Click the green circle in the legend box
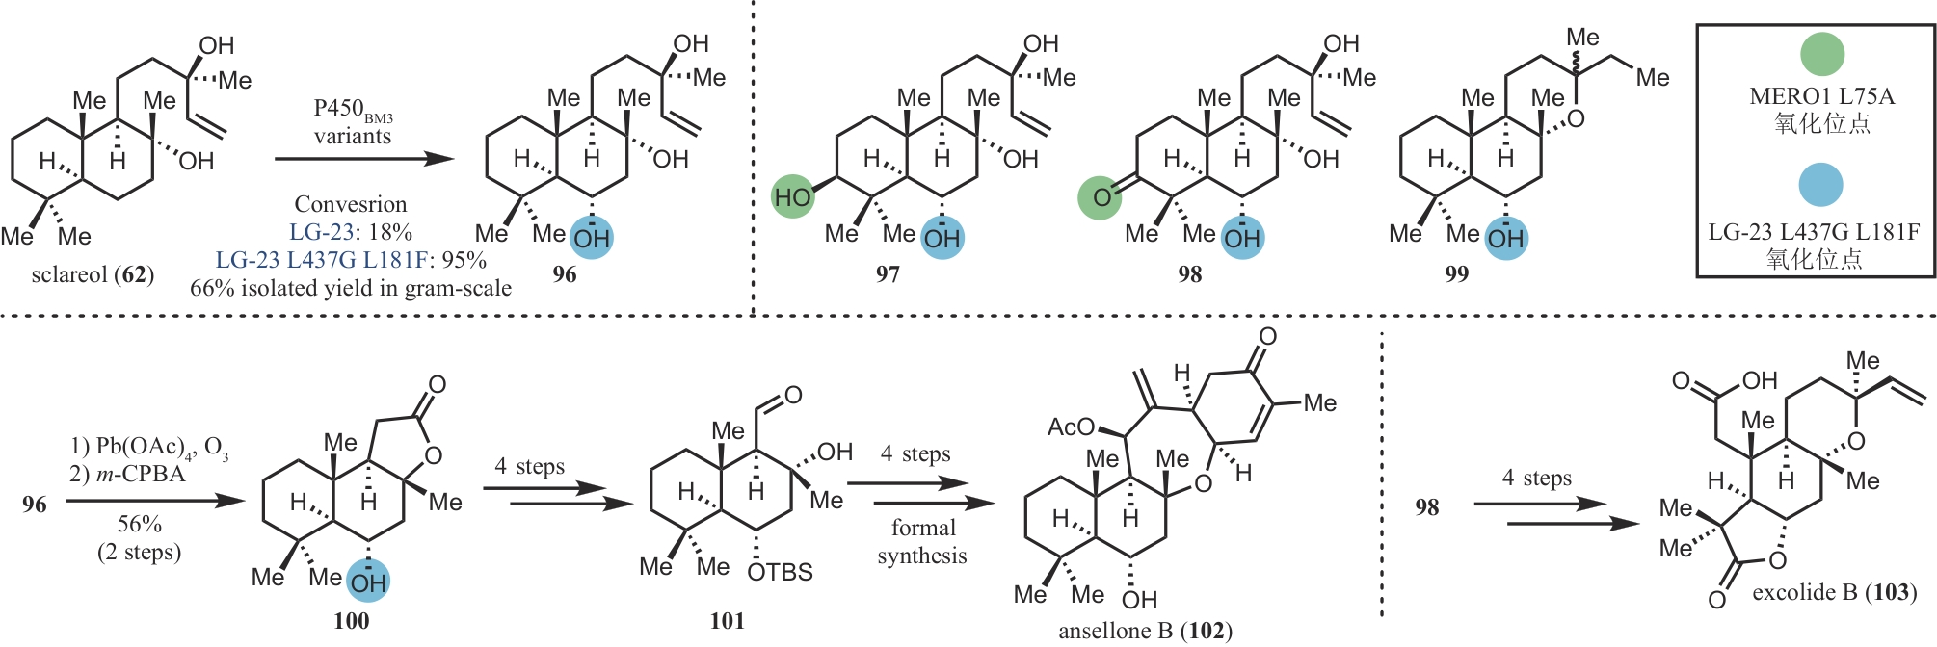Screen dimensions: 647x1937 (x=1820, y=54)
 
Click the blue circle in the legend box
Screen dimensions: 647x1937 (x=1820, y=184)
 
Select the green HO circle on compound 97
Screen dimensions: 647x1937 (x=793, y=197)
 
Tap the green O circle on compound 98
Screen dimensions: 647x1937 (x=1100, y=197)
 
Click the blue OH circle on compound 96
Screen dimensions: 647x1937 (x=592, y=238)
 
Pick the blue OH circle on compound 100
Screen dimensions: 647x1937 (x=368, y=582)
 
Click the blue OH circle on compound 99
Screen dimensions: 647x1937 (x=1505, y=238)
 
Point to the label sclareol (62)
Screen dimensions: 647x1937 (x=93, y=275)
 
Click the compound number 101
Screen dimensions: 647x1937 (x=727, y=621)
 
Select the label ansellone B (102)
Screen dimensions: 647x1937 (x=1145, y=631)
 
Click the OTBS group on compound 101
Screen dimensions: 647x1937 (x=780, y=573)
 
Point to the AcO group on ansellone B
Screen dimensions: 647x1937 (x=1071, y=427)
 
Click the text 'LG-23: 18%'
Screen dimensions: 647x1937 (x=351, y=232)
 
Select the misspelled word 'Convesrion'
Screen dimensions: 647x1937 (x=351, y=204)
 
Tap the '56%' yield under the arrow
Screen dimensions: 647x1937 (x=140, y=524)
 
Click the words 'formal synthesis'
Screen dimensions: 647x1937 (x=922, y=541)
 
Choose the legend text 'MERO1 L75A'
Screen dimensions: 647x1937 (x=1821, y=96)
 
